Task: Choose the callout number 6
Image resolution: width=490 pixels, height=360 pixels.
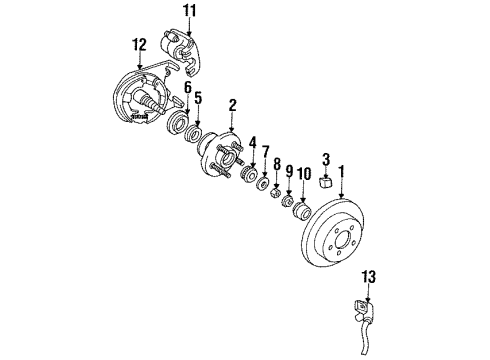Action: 186,88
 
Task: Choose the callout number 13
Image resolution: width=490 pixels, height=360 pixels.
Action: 372,276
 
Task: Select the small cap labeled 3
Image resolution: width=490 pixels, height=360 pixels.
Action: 325,182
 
